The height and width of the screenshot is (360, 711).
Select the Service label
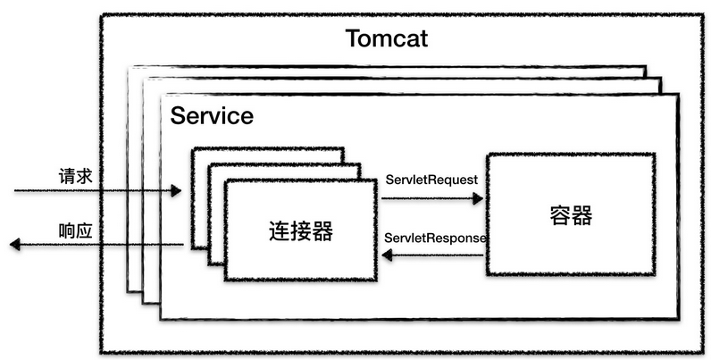tap(212, 116)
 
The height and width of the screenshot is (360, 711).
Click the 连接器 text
tap(301, 231)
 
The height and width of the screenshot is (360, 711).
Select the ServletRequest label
tap(431, 180)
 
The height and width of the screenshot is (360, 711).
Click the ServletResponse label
tap(435, 239)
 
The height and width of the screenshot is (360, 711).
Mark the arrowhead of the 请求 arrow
tap(176, 191)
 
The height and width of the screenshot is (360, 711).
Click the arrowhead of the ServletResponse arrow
tap(388, 255)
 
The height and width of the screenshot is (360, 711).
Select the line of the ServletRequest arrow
tap(429, 197)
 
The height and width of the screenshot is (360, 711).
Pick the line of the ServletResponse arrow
tap(438, 255)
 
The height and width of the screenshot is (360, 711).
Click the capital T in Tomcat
tap(353, 38)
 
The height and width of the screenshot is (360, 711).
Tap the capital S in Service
tap(177, 116)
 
